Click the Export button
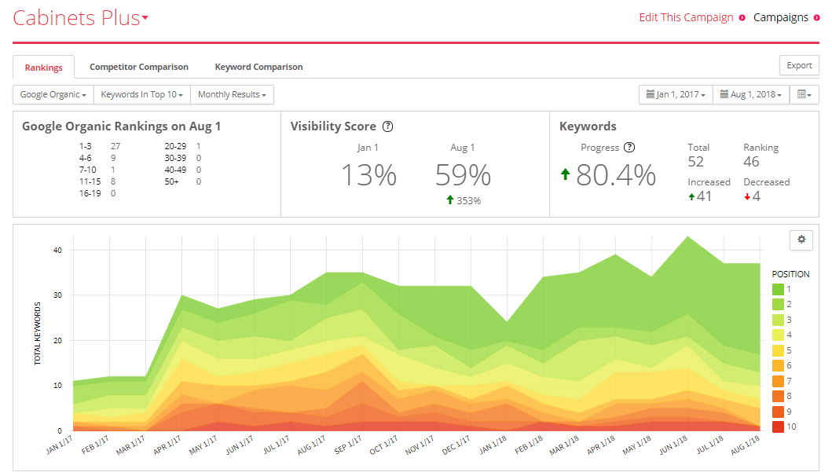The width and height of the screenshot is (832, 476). pos(799,65)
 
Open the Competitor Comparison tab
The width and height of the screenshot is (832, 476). pos(139,67)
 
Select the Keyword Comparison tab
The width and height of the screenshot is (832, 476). pos(259,67)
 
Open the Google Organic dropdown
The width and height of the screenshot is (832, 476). pos(53,94)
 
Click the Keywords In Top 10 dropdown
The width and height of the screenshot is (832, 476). pos(141,94)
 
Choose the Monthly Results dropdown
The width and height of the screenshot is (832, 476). pos(232,94)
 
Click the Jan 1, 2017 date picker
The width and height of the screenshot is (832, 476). pos(676,94)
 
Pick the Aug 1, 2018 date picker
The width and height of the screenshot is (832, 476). pos(750,94)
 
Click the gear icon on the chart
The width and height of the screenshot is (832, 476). pos(801,240)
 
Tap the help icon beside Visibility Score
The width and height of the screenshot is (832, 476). pos(388,126)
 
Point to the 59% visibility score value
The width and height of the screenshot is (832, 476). pos(463,175)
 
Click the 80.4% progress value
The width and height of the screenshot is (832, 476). pos(615,175)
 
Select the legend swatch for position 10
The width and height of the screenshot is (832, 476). pos(778,427)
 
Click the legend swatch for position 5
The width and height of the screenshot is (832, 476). pos(778,350)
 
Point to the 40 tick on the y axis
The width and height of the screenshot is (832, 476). pos(57,250)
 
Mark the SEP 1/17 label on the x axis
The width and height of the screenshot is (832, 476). pos(348,444)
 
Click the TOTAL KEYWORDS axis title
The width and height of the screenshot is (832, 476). pos(37,333)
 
